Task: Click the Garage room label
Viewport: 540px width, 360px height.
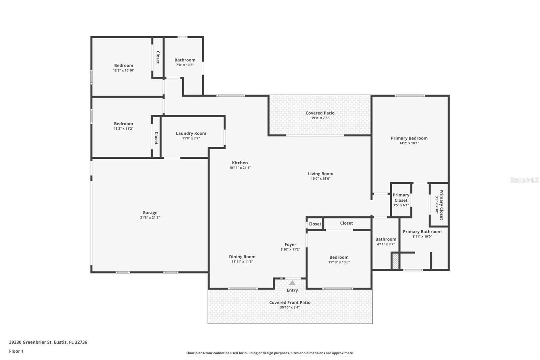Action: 150,213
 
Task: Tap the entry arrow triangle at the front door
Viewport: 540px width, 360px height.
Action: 292,283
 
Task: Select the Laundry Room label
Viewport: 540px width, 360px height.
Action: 191,133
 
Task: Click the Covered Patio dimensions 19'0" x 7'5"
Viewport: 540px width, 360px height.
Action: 320,118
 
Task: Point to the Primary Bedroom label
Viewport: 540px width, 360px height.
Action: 409,138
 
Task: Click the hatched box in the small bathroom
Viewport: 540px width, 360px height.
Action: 395,261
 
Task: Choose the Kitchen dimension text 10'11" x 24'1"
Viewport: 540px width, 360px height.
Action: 240,168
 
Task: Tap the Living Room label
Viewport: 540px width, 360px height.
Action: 320,174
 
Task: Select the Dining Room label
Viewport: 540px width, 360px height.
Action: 242,257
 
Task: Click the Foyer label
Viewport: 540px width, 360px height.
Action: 290,245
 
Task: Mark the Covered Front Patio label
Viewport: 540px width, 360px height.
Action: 290,302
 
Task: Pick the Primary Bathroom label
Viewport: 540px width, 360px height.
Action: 422,232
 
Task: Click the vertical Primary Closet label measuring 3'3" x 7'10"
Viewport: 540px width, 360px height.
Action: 439,204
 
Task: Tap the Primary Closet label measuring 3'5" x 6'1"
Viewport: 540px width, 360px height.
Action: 401,198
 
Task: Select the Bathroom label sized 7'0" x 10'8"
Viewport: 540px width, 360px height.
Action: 185,60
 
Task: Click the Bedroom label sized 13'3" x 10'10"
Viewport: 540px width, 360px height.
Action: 124,66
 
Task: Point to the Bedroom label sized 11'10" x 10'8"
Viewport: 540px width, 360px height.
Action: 339,257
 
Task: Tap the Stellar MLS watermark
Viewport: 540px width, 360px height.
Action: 524,180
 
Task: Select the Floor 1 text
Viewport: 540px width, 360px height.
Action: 16,351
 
